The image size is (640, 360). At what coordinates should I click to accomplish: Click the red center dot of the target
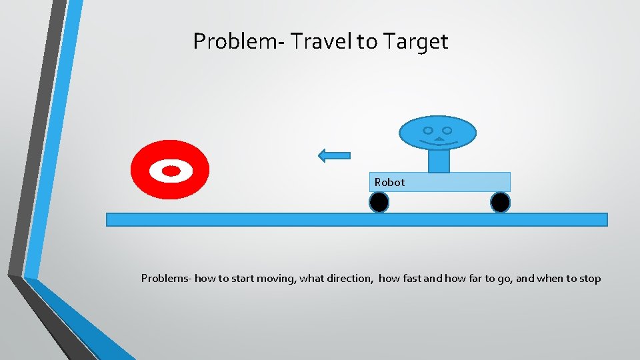click(x=171, y=171)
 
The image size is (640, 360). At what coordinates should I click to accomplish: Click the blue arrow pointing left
click(x=334, y=156)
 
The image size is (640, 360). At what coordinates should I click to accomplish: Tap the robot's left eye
click(x=428, y=130)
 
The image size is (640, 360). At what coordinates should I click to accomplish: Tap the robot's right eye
click(x=447, y=130)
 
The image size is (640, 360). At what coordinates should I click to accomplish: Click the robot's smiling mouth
click(x=437, y=143)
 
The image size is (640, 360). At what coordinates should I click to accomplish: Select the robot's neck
click(x=438, y=161)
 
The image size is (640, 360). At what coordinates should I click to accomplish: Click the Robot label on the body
click(x=389, y=182)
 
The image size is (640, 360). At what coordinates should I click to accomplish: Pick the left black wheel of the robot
click(x=379, y=202)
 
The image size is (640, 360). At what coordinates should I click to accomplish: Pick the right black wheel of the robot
click(x=500, y=202)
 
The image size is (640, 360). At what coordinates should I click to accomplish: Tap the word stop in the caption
click(x=589, y=279)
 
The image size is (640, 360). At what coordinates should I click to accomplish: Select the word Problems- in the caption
click(x=166, y=279)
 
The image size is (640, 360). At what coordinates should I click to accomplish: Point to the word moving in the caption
click(x=275, y=279)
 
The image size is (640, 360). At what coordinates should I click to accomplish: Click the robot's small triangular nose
click(x=438, y=139)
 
